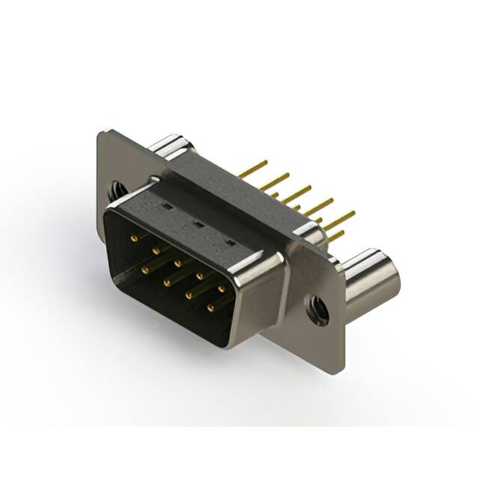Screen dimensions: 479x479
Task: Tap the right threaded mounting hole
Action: (x=319, y=308)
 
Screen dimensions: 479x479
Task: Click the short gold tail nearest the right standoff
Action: (x=337, y=236)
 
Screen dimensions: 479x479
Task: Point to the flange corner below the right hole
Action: (x=341, y=370)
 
